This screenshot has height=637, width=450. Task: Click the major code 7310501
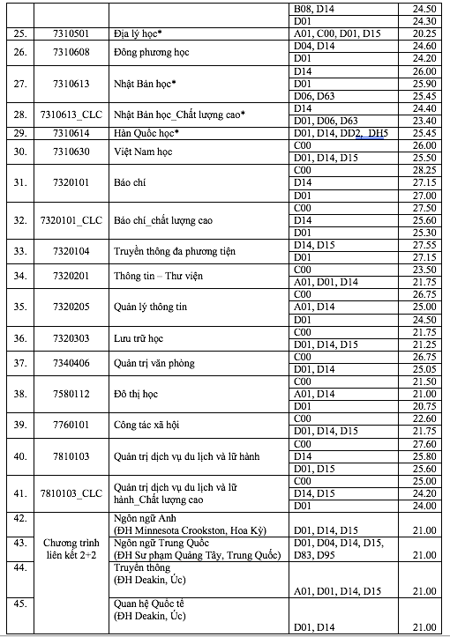coord(79,33)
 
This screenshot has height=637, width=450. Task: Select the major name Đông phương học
coord(153,52)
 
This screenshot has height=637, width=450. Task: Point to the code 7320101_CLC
coord(79,219)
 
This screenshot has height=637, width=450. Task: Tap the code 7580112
coord(79,394)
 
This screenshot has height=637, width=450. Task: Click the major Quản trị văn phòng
coord(154,363)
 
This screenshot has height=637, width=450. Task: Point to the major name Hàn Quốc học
coord(147,133)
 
